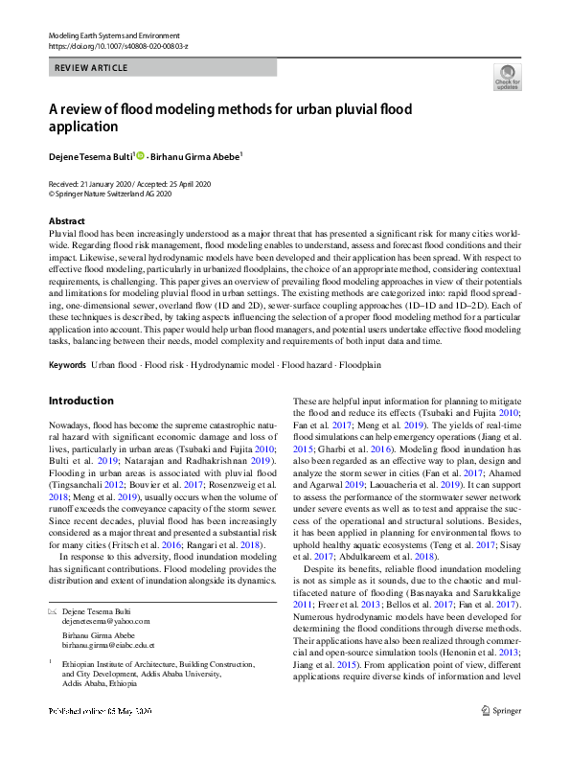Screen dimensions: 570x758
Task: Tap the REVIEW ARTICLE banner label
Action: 92,69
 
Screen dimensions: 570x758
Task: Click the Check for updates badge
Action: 507,79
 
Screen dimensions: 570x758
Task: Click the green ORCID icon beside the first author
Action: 140,155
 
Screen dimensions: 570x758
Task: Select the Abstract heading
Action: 67,220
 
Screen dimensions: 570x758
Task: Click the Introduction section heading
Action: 80,401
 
